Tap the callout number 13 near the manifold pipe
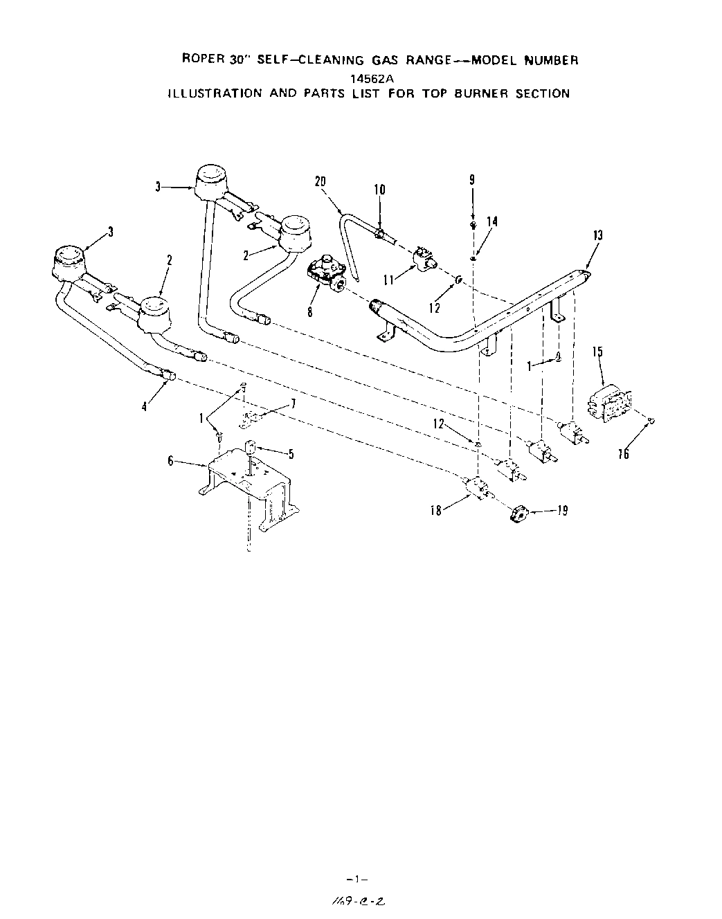[597, 235]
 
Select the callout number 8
[310, 311]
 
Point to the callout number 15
[597, 352]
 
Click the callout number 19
[563, 511]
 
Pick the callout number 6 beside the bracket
[170, 460]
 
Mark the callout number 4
[144, 407]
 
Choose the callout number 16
[624, 454]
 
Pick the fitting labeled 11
[422, 259]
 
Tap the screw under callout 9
[472, 225]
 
